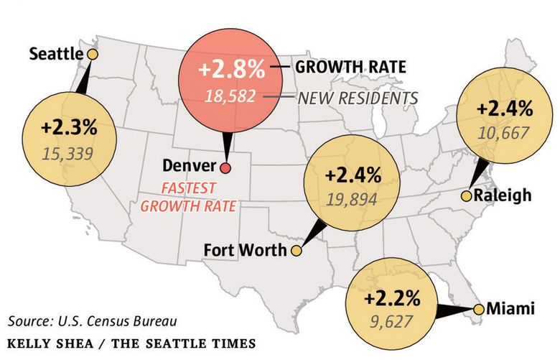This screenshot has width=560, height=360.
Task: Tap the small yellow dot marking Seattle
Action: click(x=91, y=54)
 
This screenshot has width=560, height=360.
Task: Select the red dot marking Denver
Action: click(x=225, y=167)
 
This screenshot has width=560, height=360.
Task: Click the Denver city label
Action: click(x=189, y=166)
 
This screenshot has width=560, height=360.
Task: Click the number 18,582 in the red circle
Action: click(x=230, y=96)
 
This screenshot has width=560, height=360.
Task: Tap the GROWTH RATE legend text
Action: click(x=350, y=68)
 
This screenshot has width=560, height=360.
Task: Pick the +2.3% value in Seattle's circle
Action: click(x=69, y=129)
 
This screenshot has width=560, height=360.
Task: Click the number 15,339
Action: click(x=69, y=152)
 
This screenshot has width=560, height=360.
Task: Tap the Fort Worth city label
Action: click(x=246, y=251)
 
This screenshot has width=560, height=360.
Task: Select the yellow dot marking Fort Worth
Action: click(x=294, y=251)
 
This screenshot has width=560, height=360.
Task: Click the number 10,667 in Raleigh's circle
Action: click(x=504, y=133)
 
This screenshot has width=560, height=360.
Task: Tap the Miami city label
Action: click(x=510, y=309)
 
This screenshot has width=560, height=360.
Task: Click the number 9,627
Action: click(x=391, y=320)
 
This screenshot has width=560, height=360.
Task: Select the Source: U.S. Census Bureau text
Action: click(x=93, y=320)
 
